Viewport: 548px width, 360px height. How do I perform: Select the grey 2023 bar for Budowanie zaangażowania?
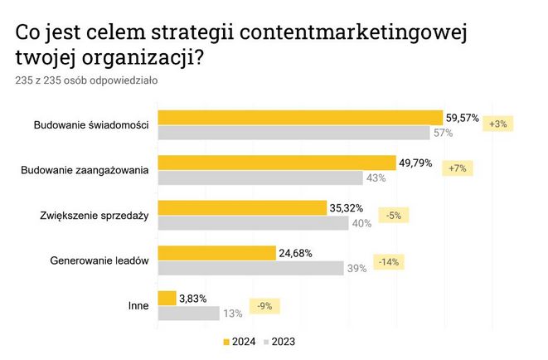260,178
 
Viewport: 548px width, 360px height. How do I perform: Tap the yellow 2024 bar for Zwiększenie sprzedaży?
241,207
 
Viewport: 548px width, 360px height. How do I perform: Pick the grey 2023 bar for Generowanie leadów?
250,267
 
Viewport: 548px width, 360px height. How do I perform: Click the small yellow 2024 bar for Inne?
167,297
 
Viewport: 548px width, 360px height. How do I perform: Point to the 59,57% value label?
463,118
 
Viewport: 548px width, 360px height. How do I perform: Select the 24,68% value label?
295,253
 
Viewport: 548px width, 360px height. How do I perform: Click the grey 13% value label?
233,313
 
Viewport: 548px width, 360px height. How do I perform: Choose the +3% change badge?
499,124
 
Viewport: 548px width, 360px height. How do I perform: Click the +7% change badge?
457,169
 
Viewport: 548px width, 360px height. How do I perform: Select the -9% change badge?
265,306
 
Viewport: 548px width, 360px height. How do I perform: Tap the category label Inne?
138,305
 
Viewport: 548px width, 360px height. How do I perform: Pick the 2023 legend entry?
279,341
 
